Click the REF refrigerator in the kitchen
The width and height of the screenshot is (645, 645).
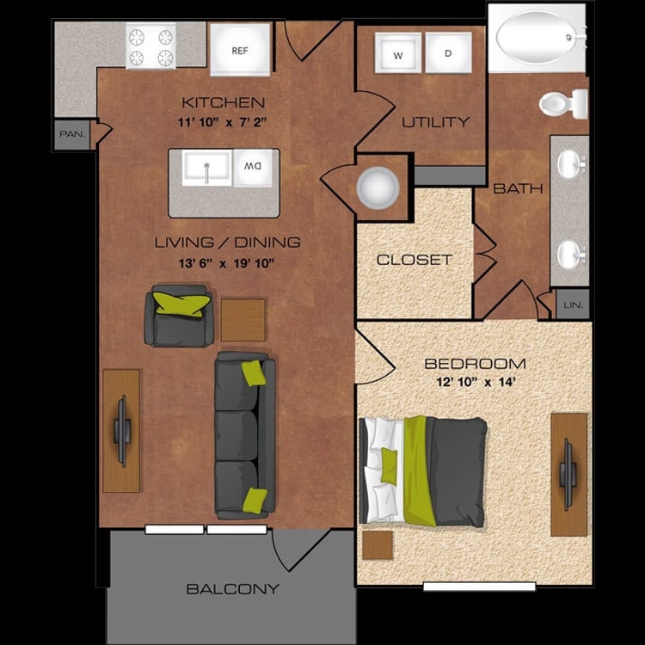tap(240, 49)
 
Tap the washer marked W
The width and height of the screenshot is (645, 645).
tap(398, 53)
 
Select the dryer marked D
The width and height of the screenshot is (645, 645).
tap(448, 53)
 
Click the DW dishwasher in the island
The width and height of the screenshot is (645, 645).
tap(253, 168)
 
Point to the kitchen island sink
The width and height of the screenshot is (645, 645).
tap(207, 168)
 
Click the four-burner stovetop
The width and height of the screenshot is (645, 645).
tap(150, 46)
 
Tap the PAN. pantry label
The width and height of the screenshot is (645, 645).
tap(72, 134)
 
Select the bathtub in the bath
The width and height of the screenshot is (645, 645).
tap(537, 38)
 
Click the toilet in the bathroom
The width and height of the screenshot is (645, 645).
tap(563, 103)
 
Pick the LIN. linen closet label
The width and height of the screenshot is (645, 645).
tap(573, 304)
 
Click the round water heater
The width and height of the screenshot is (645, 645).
tap(378, 188)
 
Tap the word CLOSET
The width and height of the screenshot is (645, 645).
tap(415, 260)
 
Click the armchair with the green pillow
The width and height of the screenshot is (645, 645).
tap(179, 316)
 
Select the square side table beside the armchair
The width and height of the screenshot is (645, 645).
tap(243, 320)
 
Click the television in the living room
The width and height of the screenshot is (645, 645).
tap(122, 431)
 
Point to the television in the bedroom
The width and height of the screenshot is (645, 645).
tap(567, 474)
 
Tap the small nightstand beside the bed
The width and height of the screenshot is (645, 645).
tap(378, 545)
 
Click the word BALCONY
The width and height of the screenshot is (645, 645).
tap(233, 589)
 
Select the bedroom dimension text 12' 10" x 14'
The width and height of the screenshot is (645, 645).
tap(476, 382)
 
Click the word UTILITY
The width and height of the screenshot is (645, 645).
tap(436, 122)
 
